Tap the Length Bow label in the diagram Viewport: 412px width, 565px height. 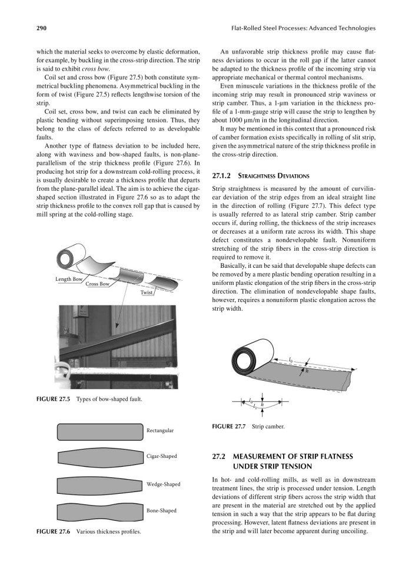(69, 278)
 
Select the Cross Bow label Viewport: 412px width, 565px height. (98, 284)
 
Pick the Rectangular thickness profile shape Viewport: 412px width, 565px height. (99, 431)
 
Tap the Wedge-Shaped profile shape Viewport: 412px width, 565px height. (99, 485)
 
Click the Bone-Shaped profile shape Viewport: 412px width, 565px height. (99, 511)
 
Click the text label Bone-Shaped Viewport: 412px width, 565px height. (161, 511)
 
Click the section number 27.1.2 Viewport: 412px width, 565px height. (221, 175)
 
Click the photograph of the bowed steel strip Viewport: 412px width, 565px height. (104, 347)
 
